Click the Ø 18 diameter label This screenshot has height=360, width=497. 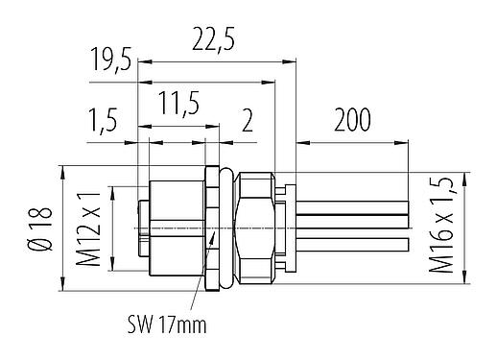(x=37, y=230)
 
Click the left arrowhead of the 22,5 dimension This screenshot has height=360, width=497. (x=143, y=61)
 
